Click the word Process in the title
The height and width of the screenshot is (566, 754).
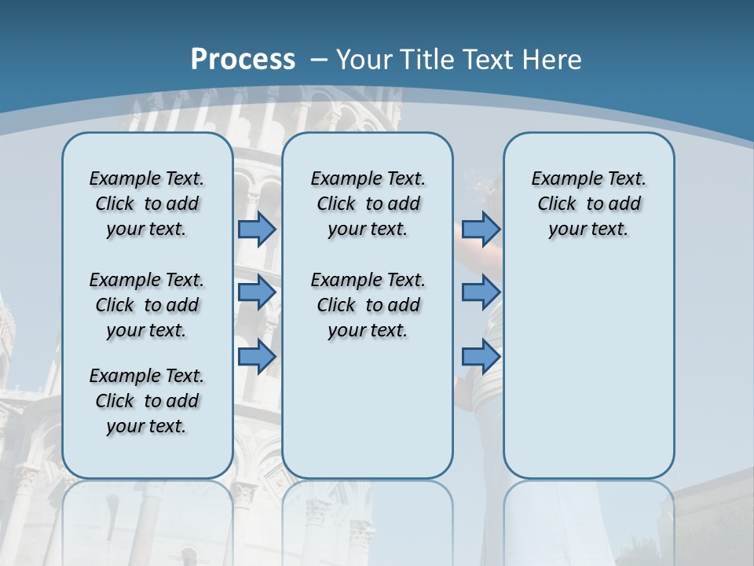[243, 59]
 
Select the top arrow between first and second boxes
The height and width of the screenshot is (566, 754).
[257, 229]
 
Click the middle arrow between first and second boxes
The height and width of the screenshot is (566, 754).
[257, 292]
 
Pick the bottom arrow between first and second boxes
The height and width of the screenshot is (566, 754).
[257, 356]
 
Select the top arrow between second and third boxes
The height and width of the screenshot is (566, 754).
[481, 229]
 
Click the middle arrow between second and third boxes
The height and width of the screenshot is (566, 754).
[481, 292]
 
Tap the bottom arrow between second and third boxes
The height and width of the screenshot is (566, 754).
[481, 356]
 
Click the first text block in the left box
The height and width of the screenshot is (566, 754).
[147, 204]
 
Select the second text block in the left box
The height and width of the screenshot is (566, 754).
[147, 305]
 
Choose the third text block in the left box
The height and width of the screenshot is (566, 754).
[147, 401]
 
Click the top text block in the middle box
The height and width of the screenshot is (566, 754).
[368, 204]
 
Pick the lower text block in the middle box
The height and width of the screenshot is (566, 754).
[368, 305]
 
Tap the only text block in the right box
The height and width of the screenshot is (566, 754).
[588, 204]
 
